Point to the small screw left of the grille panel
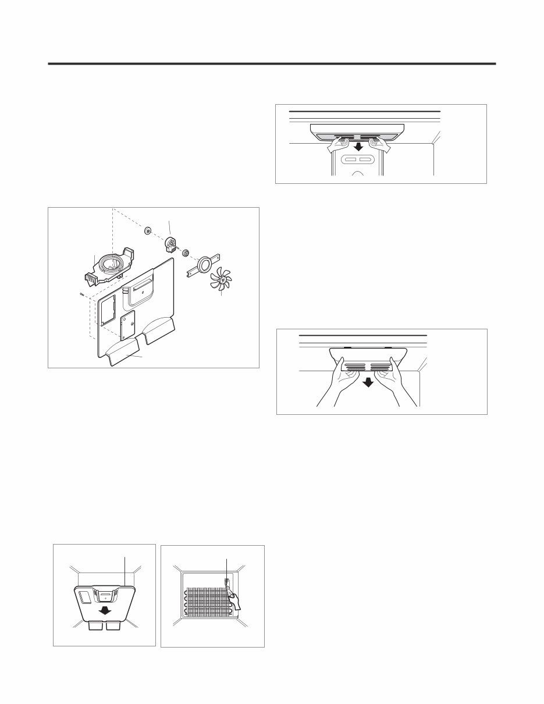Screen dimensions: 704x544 click(80, 294)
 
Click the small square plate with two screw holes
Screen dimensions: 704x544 click(127, 325)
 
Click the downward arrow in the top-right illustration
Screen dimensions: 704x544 click(358, 146)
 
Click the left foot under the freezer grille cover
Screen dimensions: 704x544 click(95, 625)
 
